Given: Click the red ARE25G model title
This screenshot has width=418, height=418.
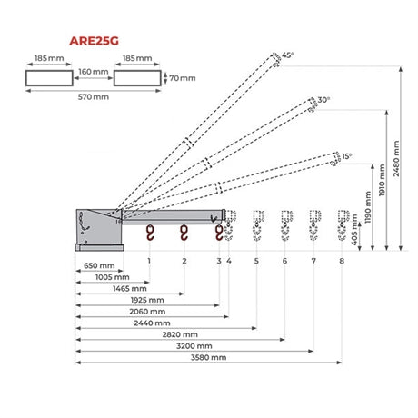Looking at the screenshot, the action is [x=94, y=41].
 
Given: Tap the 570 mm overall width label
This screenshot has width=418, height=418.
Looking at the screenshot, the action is [x=94, y=97].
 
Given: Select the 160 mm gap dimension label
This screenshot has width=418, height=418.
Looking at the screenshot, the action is [x=94, y=72].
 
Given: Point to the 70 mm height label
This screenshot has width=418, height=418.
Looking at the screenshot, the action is [x=183, y=78].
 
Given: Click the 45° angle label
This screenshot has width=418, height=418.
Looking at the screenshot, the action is [x=288, y=55].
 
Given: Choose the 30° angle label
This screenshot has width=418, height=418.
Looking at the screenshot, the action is [x=323, y=100].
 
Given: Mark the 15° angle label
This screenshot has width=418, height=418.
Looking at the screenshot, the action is [x=347, y=156].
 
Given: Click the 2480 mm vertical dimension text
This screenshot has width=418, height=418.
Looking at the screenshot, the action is [x=396, y=158].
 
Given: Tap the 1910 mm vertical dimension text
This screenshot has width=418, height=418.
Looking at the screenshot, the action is [x=382, y=180].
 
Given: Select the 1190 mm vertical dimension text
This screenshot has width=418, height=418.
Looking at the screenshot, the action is [x=368, y=207].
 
